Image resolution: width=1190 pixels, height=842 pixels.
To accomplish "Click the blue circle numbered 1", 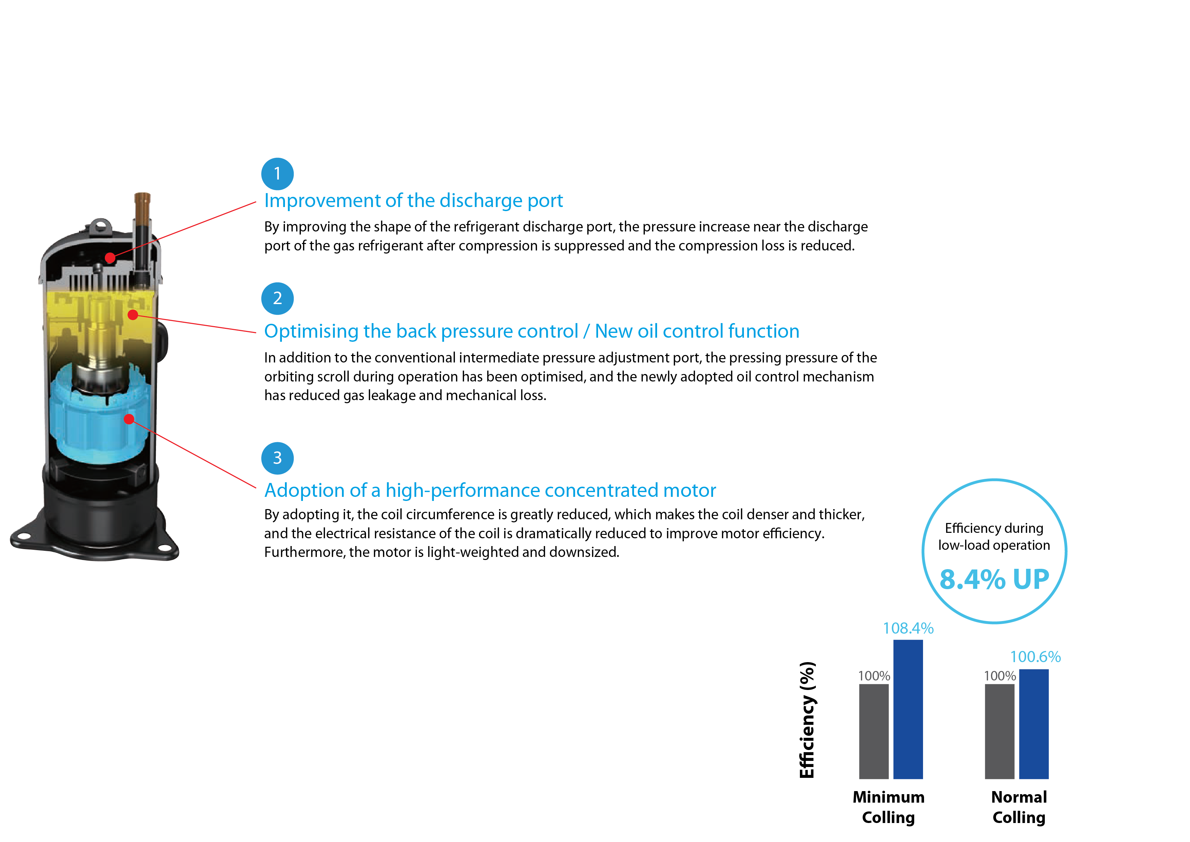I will pyautogui.click(x=277, y=174).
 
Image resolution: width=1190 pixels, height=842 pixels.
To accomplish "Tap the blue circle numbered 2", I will pyautogui.click(x=277, y=299).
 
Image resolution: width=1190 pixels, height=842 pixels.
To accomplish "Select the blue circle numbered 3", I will pyautogui.click(x=277, y=458).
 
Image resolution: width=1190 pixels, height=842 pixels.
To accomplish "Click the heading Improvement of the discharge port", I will pyautogui.click(x=413, y=201).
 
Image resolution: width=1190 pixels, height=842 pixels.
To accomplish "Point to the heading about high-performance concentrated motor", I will pyautogui.click(x=490, y=490).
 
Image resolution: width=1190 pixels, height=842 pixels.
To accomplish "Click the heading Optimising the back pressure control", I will pyautogui.click(x=531, y=331).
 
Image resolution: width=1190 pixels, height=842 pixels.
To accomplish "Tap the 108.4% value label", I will pyautogui.click(x=908, y=629).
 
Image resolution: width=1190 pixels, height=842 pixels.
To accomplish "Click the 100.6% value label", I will pyautogui.click(x=1035, y=657).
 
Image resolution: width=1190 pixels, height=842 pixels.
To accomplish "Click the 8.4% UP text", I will pyautogui.click(x=994, y=579).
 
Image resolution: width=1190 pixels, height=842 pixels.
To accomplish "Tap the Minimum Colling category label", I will pyautogui.click(x=888, y=807).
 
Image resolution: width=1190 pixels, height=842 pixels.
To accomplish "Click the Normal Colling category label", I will pyautogui.click(x=1019, y=807).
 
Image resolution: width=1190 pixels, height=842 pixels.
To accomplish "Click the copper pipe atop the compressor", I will pyautogui.click(x=142, y=207).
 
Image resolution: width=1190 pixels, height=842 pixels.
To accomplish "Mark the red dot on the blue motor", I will pyautogui.click(x=129, y=419).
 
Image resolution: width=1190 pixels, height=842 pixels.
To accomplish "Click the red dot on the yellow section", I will pyautogui.click(x=133, y=315).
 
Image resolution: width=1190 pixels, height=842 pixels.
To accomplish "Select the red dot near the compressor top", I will pyautogui.click(x=110, y=258).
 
